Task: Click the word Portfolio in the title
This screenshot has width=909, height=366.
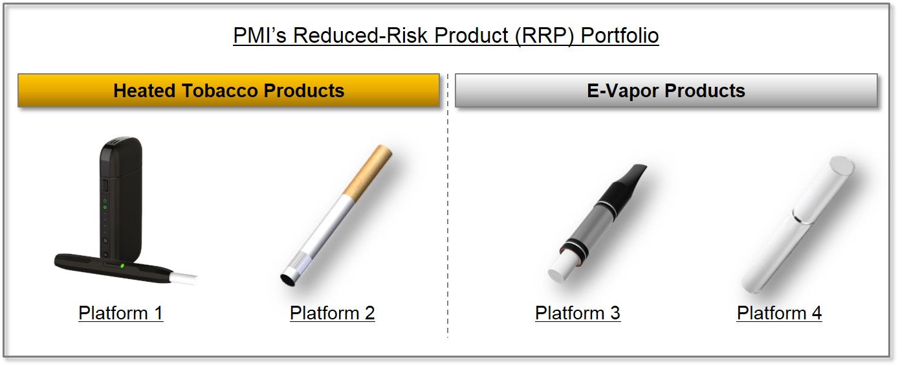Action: [619, 35]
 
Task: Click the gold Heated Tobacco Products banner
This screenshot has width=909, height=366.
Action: [228, 91]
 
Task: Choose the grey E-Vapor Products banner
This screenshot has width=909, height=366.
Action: [666, 91]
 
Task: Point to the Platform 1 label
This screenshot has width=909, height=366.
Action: [120, 314]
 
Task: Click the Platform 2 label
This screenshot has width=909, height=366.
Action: [332, 314]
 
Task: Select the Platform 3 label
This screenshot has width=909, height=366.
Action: [577, 314]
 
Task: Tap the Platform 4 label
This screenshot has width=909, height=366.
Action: [779, 314]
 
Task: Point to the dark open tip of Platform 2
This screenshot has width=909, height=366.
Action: [285, 279]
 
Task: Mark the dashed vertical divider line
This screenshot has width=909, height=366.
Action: [447, 207]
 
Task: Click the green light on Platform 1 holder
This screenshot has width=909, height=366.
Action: [122, 265]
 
